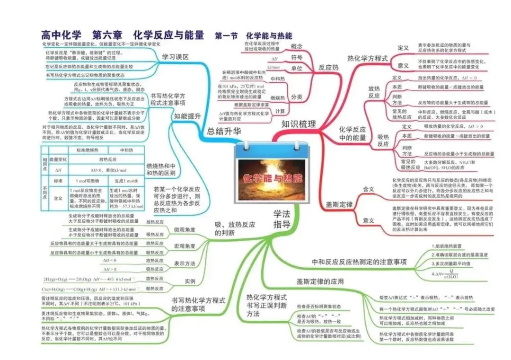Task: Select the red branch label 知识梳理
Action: [x=298, y=124]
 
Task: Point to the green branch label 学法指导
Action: [x=282, y=219]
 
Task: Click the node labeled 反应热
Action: [x=329, y=68]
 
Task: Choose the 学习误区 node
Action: [x=175, y=57]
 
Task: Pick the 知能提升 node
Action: [x=187, y=115]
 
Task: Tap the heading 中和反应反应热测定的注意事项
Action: [x=359, y=262]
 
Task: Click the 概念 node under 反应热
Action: [x=297, y=46]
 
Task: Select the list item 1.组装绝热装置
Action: [x=448, y=246]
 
